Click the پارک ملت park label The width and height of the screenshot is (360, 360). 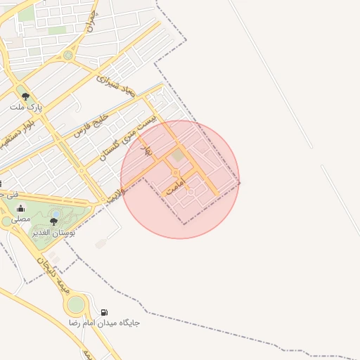tap(26, 108)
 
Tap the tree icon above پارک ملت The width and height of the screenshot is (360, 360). tap(26, 96)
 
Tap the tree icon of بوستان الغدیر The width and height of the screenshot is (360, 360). tap(53, 221)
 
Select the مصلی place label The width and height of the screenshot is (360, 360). tap(20, 219)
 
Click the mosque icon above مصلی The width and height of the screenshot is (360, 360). tap(20, 208)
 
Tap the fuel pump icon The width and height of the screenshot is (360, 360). tap(104, 312)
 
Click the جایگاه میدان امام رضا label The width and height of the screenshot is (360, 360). tap(104, 323)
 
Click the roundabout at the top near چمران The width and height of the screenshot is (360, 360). tap(67, 54)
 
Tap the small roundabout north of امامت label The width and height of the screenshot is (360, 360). tap(175, 172)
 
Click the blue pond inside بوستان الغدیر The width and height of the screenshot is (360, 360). tap(56, 213)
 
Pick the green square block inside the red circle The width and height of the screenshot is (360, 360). tap(178, 156)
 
